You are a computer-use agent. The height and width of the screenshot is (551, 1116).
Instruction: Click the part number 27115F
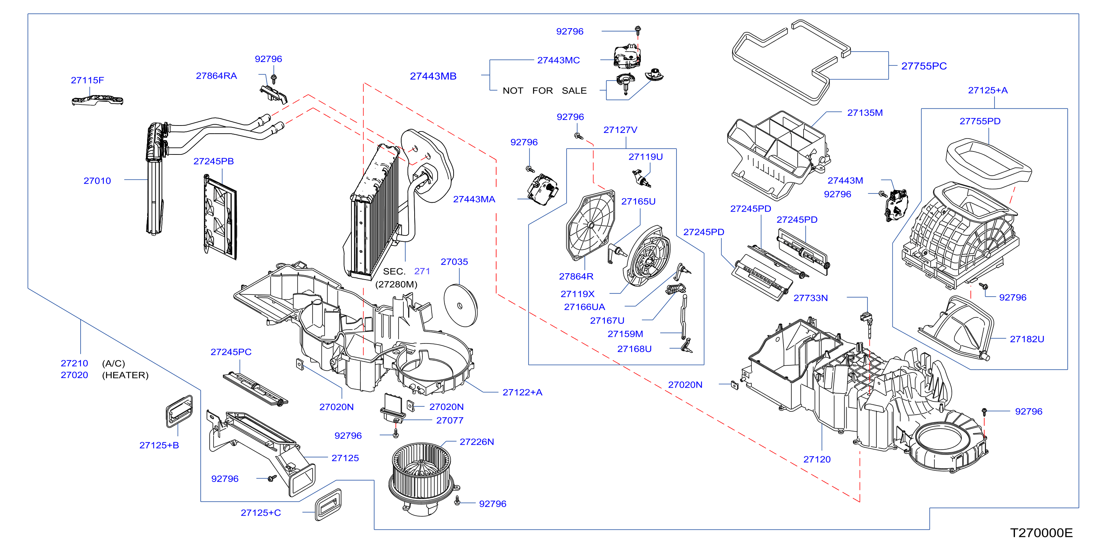88,80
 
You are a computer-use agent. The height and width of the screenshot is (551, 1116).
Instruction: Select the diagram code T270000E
1041,533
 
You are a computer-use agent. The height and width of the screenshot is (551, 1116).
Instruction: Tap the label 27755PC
924,66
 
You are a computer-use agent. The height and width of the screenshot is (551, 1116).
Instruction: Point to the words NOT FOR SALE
545,91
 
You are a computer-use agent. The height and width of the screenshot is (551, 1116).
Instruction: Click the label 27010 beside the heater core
97,181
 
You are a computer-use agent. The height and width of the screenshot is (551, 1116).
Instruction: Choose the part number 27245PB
214,162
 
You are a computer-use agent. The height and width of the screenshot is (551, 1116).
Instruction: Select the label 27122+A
522,392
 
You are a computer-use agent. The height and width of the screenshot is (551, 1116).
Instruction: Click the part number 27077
450,420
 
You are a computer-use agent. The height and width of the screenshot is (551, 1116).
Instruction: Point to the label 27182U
1027,339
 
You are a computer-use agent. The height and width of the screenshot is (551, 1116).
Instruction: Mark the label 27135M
865,113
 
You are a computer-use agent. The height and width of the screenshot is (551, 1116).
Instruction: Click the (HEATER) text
125,375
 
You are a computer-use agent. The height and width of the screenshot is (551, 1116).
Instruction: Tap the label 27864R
576,277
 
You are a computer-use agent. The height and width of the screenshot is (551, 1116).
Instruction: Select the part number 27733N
810,298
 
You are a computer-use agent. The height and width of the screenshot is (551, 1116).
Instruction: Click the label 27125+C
261,513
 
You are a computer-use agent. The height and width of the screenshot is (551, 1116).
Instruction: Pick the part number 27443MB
433,76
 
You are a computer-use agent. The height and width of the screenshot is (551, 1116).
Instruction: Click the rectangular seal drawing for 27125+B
179,411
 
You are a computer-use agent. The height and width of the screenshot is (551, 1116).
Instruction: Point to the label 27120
817,460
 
